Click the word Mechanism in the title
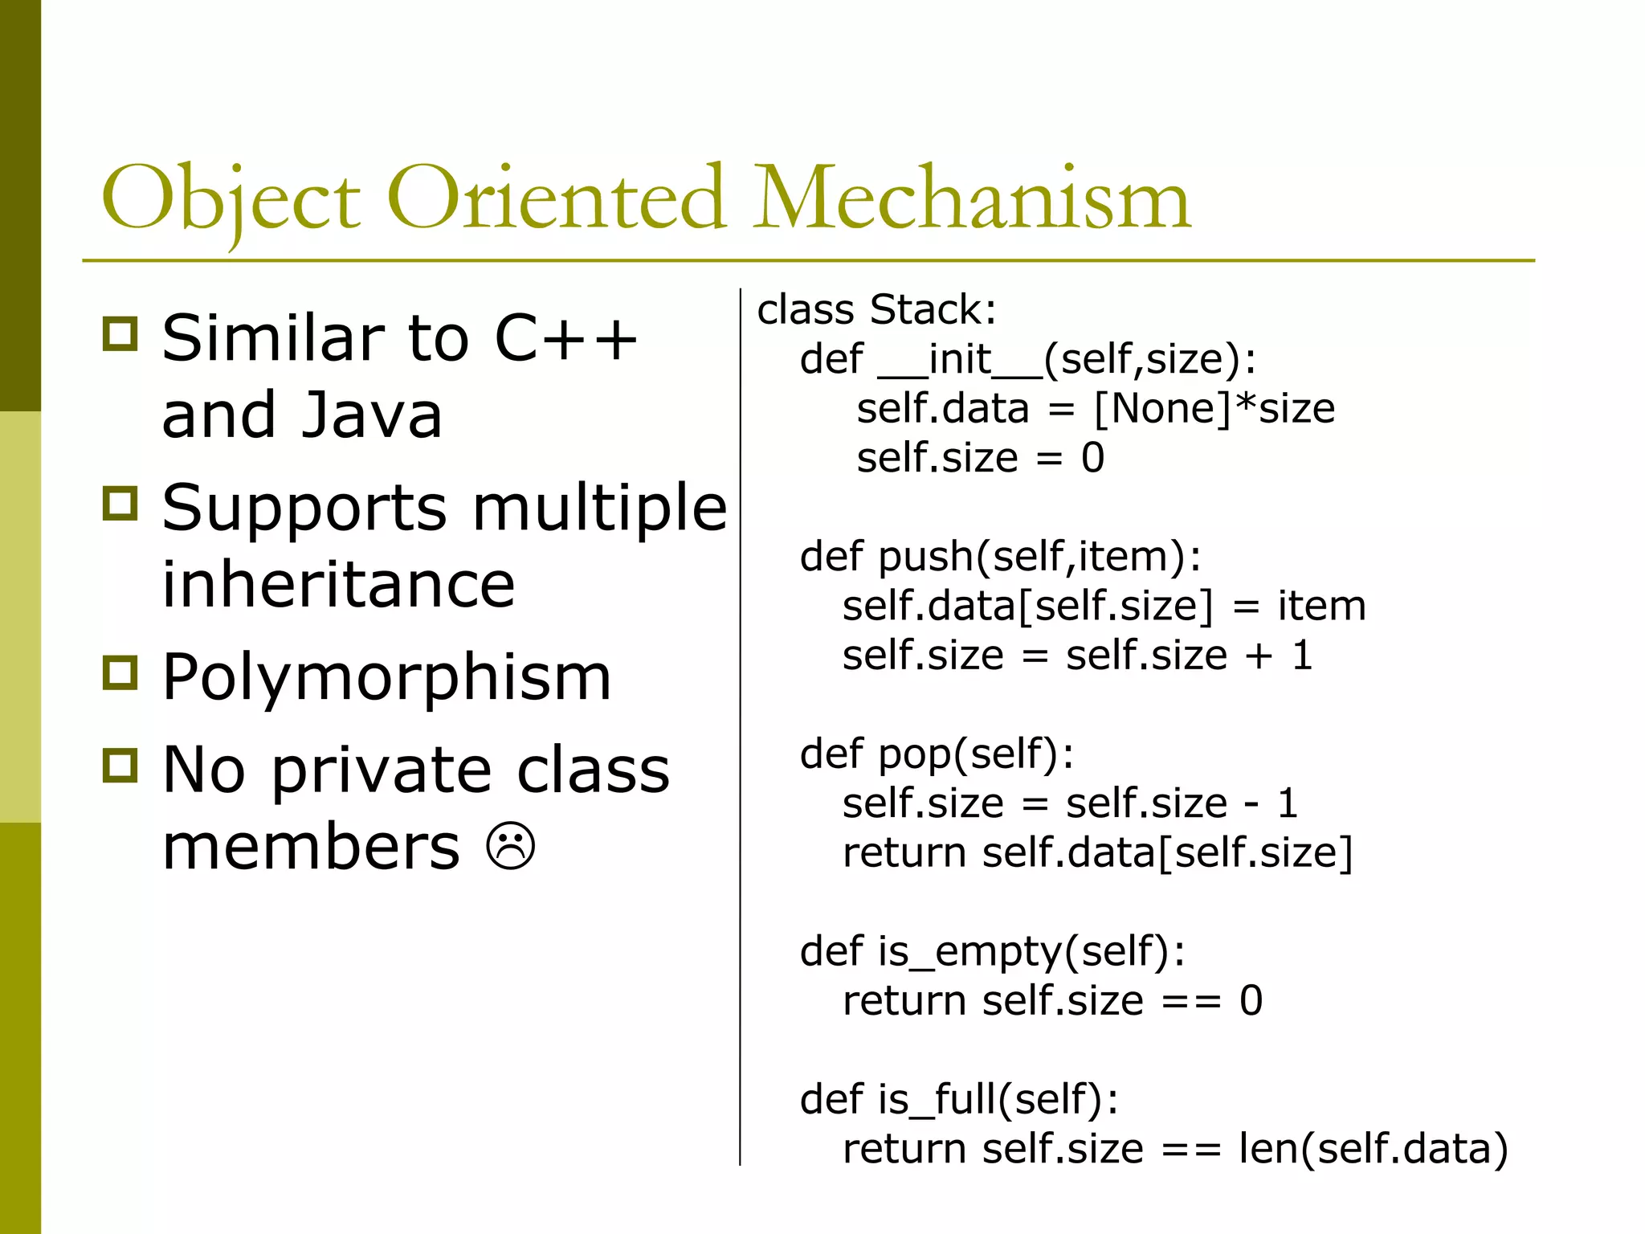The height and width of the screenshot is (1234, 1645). click(x=972, y=199)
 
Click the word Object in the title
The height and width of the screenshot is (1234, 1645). click(x=231, y=199)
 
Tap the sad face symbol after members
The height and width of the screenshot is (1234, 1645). click(x=511, y=846)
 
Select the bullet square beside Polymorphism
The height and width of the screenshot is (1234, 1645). click(x=120, y=672)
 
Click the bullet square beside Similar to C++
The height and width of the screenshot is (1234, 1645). click(x=120, y=333)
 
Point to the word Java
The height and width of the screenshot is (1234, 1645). click(x=372, y=415)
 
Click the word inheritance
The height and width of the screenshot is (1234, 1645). click(x=338, y=585)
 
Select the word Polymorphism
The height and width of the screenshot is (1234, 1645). click(x=386, y=677)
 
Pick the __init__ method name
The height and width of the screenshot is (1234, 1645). click(x=961, y=359)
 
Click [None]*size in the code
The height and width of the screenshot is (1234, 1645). click(x=1214, y=409)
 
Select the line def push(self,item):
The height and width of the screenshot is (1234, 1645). click(x=1000, y=557)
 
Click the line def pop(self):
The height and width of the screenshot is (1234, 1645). click(x=937, y=754)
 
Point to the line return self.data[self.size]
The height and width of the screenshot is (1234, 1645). click(x=1097, y=852)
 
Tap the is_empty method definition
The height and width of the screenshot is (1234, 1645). click(x=992, y=952)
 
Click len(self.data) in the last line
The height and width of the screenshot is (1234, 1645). click(x=1373, y=1149)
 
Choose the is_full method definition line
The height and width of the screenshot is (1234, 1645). click(x=959, y=1100)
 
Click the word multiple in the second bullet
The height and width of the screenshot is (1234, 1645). click(x=599, y=509)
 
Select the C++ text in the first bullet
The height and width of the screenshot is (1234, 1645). click(x=565, y=338)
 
